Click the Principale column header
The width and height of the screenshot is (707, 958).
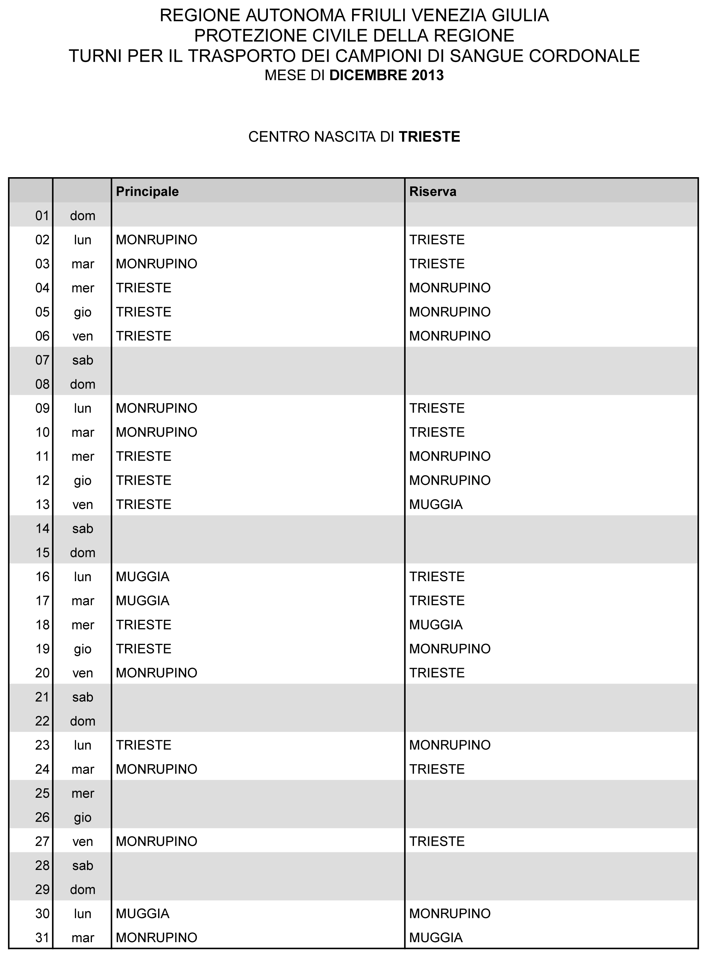(147, 191)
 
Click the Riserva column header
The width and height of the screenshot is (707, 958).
(433, 191)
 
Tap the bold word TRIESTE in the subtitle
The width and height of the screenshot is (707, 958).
(429, 137)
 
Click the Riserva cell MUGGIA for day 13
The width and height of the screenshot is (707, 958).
(436, 504)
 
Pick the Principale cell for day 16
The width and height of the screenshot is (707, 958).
(143, 577)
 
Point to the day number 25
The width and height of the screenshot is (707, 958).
(42, 793)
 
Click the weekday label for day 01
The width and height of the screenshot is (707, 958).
(83, 216)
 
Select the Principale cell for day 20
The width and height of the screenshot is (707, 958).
(156, 673)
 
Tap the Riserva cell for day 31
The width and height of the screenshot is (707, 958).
(436, 938)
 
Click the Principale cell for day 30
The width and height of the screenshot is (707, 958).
(143, 914)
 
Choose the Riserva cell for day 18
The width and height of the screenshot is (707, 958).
(436, 624)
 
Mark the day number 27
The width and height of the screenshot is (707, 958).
(42, 841)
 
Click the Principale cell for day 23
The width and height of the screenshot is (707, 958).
(143, 745)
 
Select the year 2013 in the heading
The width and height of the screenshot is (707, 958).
(427, 75)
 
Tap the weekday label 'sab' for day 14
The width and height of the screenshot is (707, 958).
(83, 529)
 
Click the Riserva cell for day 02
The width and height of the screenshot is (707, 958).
(437, 240)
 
